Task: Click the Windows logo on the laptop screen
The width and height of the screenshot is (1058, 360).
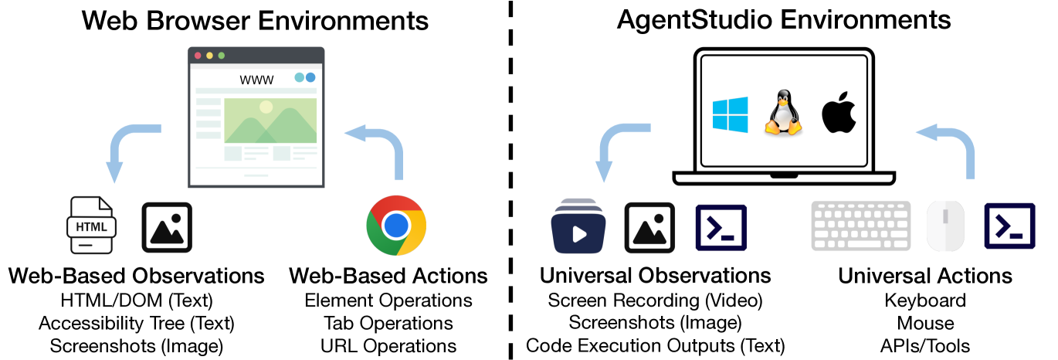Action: (x=730, y=114)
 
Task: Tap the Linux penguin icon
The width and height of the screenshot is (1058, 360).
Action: (x=784, y=114)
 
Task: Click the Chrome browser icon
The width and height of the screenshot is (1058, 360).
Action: (x=396, y=226)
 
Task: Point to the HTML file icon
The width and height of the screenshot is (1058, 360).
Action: (x=92, y=225)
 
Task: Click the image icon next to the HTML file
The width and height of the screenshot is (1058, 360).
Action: (x=167, y=228)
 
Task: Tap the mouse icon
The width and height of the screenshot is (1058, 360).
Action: (x=947, y=226)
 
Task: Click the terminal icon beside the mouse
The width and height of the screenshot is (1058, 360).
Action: (x=1009, y=226)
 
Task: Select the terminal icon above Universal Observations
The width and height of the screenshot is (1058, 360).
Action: (x=721, y=228)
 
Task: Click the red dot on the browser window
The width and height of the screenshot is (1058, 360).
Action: (x=198, y=56)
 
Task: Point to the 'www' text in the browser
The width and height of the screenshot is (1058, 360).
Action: (x=256, y=80)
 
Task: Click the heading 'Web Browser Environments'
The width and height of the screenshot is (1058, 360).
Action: (x=255, y=20)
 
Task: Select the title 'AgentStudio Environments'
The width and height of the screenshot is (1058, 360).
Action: (x=784, y=20)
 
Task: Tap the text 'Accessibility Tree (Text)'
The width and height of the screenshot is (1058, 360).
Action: (x=136, y=323)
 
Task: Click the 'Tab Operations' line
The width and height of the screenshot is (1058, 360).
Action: (x=388, y=323)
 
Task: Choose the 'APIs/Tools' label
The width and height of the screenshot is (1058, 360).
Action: (x=925, y=345)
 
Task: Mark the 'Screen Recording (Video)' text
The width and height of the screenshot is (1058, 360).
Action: (x=655, y=300)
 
